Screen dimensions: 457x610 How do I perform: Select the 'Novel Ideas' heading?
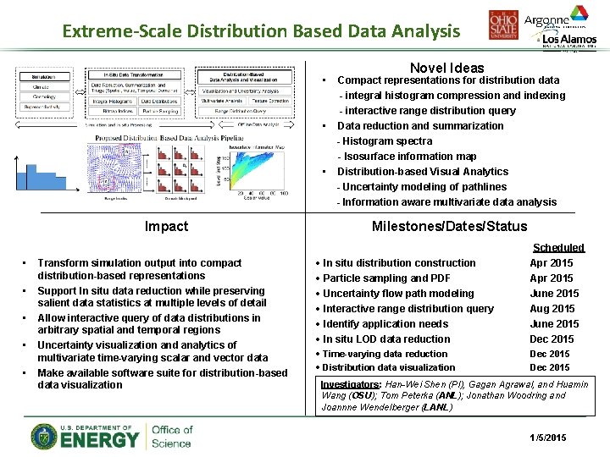pos(446,68)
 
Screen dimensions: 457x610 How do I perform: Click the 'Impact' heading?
pos(166,226)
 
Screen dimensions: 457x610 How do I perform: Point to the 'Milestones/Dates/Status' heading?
pos(449,226)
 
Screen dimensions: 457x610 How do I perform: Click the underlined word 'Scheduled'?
pos(557,248)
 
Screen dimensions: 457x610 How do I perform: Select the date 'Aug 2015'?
pos(552,309)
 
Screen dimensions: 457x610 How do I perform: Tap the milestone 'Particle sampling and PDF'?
pos(387,278)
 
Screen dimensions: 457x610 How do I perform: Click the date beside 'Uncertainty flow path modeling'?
pos(554,294)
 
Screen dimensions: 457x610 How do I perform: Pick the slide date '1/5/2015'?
pos(547,438)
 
